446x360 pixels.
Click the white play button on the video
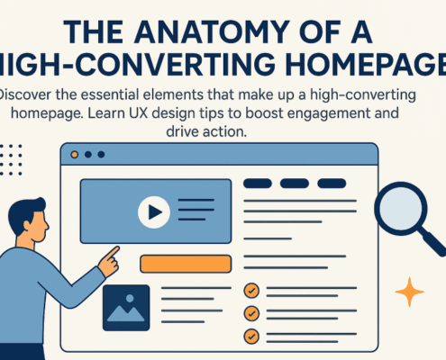(154, 212)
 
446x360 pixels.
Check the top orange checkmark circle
(252, 292)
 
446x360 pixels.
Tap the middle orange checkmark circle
(252, 313)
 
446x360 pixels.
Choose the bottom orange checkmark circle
(252, 336)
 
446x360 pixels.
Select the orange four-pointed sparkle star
(410, 292)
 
